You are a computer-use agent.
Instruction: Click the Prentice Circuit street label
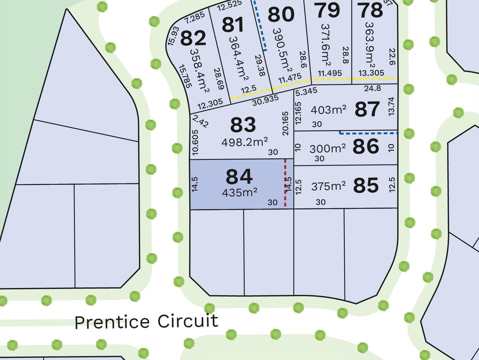click(x=146, y=321)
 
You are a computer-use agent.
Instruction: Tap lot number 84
click(x=239, y=177)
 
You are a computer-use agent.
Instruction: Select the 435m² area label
click(x=240, y=193)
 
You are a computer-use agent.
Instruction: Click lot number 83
click(x=243, y=125)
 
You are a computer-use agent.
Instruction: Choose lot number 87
click(x=367, y=109)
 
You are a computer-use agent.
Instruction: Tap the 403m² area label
click(x=328, y=110)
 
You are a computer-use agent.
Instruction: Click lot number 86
click(x=366, y=147)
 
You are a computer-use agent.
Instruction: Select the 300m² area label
click(x=328, y=149)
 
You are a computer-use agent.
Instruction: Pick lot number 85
click(x=366, y=186)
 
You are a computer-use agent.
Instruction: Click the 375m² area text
click(x=328, y=186)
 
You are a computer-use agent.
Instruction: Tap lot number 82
click(x=193, y=39)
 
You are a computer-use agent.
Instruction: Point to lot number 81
click(x=233, y=25)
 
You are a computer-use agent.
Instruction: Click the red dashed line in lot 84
click(x=285, y=183)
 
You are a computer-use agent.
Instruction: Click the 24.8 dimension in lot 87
click(x=372, y=88)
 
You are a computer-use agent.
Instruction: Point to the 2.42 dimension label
click(x=200, y=121)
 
